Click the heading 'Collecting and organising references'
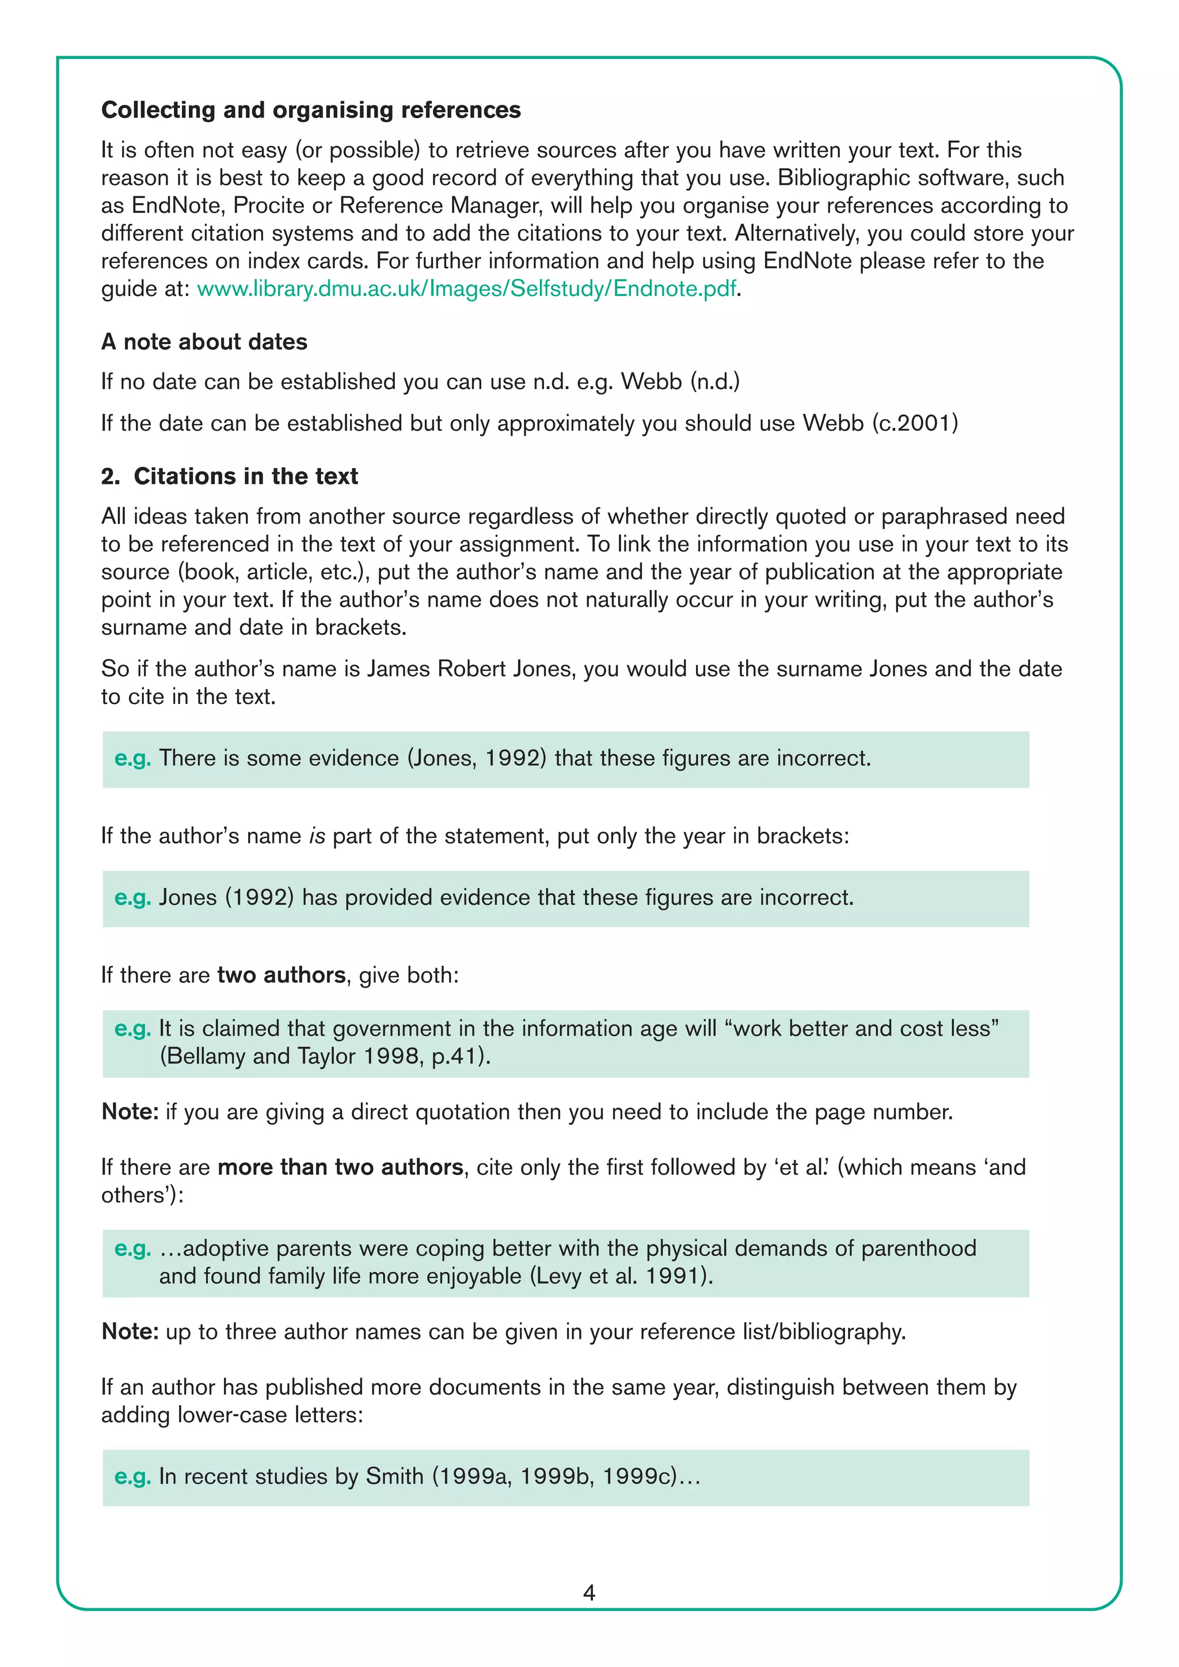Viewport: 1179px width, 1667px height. [x=311, y=109]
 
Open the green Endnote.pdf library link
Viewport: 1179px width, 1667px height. [x=467, y=289]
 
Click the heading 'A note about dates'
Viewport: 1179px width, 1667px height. [x=204, y=342]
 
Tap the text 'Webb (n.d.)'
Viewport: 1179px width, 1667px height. [x=680, y=382]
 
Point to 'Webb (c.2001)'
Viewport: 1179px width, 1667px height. [x=880, y=423]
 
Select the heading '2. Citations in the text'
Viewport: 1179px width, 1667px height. [x=230, y=476]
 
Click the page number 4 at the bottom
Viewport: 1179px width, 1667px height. [x=589, y=1593]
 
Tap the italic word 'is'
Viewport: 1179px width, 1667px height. [x=317, y=836]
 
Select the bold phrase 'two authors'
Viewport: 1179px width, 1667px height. [x=281, y=975]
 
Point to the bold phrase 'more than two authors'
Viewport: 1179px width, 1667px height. [x=340, y=1167]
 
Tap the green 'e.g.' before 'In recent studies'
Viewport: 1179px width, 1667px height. [x=133, y=1477]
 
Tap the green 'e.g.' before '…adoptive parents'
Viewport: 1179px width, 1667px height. [x=133, y=1249]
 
